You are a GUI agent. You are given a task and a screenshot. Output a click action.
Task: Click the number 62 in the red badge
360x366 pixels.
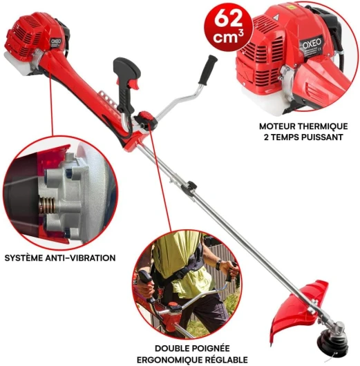pos(228,19)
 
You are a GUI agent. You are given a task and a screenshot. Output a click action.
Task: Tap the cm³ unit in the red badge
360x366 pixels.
pos(228,37)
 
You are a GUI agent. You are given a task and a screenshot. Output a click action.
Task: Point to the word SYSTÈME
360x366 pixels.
pos(24,258)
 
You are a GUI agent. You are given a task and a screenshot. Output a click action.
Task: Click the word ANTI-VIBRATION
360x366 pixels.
pos(80,258)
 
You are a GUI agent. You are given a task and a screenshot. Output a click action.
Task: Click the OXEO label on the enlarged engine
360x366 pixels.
pos(312,44)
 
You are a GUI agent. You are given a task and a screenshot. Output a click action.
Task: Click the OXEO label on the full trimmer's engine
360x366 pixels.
pos(55,41)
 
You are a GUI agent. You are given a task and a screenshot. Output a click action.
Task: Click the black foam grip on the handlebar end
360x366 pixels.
pos(207,69)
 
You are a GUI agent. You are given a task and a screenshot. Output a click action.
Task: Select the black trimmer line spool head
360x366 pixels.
pos(332,345)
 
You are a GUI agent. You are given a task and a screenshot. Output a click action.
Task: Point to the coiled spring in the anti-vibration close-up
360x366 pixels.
pos(48,206)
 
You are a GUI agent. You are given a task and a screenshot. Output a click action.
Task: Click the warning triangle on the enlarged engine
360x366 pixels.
pos(276,17)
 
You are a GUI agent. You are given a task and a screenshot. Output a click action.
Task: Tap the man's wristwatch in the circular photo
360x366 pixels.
pos(218,265)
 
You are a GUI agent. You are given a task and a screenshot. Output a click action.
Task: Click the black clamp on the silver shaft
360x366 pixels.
pos(191,186)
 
